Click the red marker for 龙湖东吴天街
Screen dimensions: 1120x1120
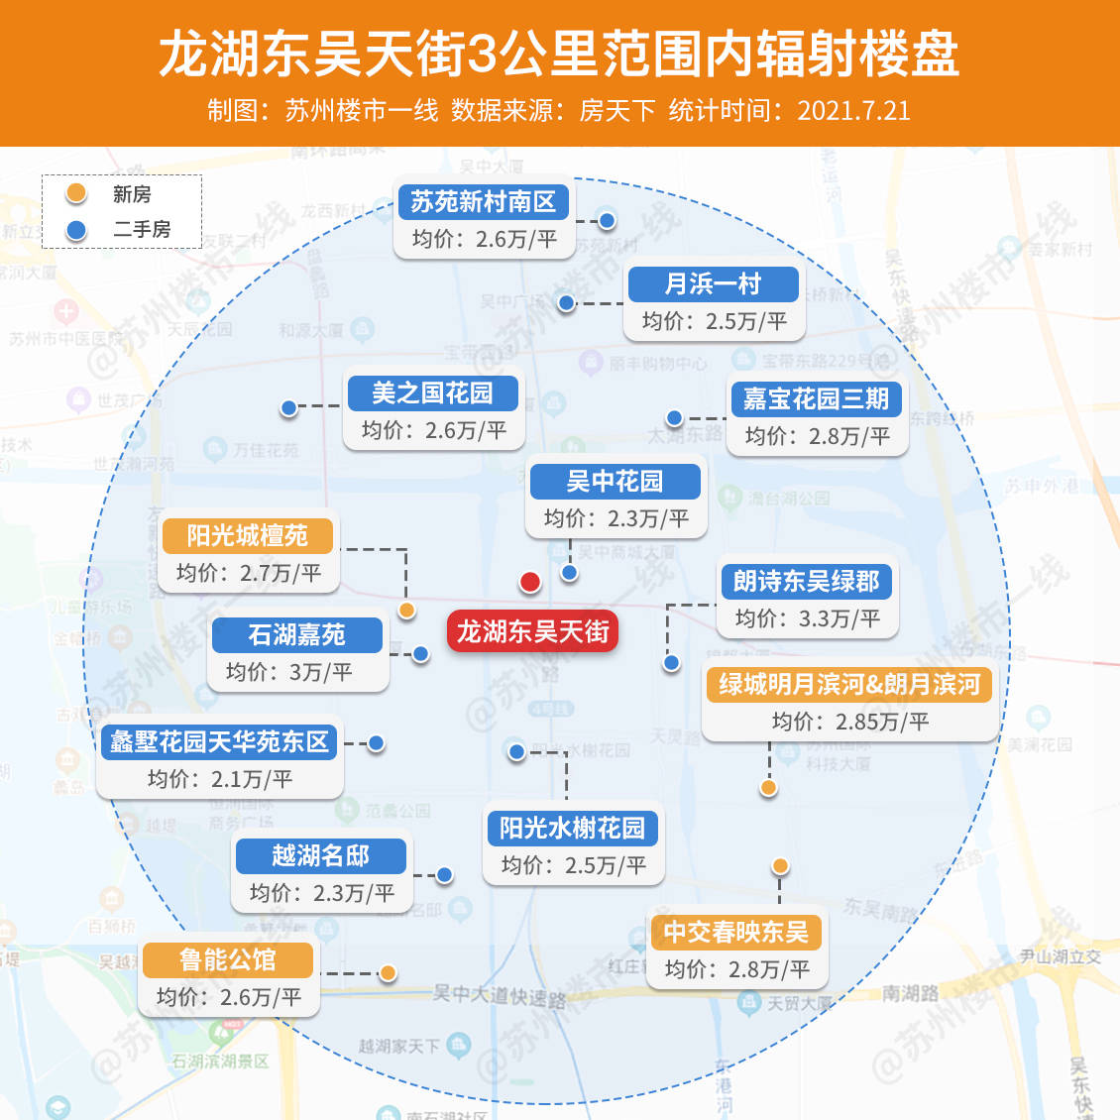pos(530,582)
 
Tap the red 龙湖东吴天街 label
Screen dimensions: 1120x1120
pos(532,631)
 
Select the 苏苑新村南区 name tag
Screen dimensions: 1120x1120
pos(483,202)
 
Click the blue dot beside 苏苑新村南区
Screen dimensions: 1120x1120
pos(607,220)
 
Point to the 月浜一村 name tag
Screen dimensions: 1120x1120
pos(713,284)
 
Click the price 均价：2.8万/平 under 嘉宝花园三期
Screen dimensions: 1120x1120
pos(817,436)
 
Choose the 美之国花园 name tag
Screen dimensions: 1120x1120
pos(432,393)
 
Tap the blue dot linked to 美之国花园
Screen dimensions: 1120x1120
pos(288,407)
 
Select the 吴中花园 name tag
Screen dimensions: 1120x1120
pos(615,482)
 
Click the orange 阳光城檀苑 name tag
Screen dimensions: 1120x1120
pos(248,536)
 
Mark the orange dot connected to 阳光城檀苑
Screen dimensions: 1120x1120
pos(406,611)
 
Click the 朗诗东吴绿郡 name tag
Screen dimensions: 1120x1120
pos(806,582)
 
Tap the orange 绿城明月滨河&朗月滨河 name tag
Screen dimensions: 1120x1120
pos(848,685)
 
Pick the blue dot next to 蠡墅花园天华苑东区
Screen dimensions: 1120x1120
pos(377,743)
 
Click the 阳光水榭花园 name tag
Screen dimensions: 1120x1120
pos(572,828)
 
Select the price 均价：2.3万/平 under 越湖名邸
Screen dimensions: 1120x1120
pos(322,893)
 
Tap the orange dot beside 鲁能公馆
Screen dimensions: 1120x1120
pos(389,973)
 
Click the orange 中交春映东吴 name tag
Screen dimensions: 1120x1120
pos(735,933)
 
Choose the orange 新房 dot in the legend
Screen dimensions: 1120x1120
pos(75,194)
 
